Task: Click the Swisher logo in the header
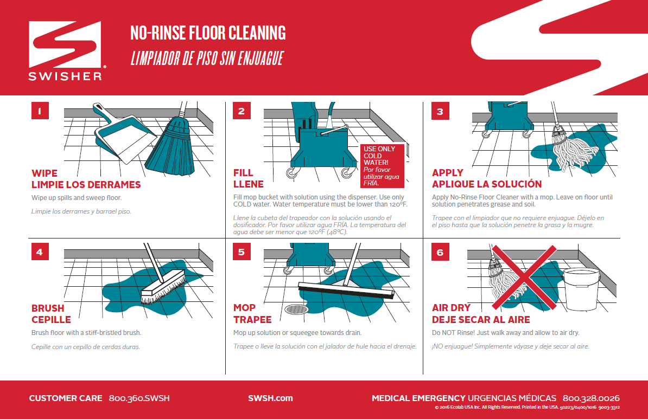coord(65,51)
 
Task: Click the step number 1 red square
coord(40,111)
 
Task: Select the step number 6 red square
coord(440,252)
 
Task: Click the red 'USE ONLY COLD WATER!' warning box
coord(383,165)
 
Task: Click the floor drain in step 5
coord(298,310)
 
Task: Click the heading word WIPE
coord(45,173)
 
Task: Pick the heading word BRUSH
coord(48,308)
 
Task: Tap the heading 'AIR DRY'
coord(451,308)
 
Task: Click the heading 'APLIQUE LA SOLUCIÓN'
coord(486,184)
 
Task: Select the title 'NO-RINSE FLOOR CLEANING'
coord(208,33)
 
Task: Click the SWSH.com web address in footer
coord(270,398)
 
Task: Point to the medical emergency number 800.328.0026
coord(591,398)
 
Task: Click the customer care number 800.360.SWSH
coord(139,398)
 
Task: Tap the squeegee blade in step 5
coord(346,291)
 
